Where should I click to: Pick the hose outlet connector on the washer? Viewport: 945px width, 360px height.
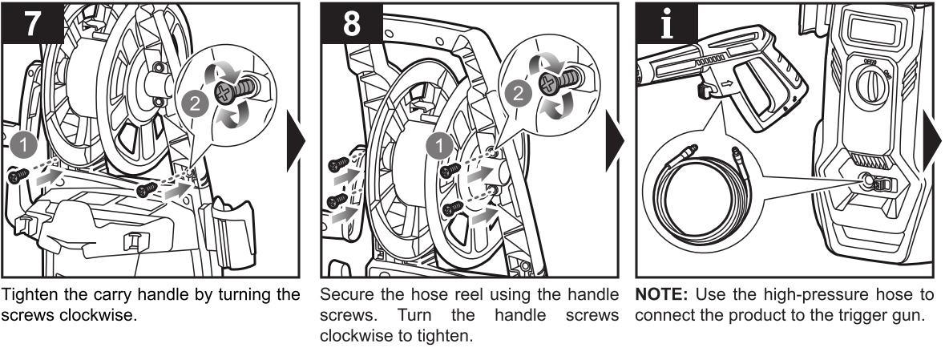point(868,182)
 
